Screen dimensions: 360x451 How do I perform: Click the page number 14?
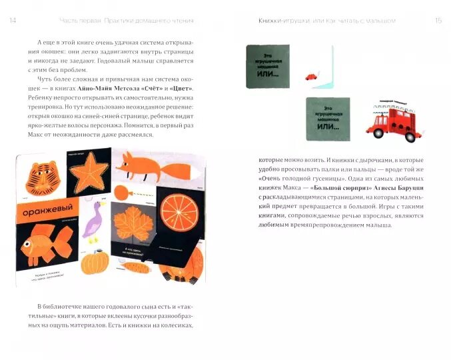(13, 21)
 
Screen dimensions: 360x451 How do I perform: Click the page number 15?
(438, 21)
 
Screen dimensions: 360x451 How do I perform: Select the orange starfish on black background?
(87, 173)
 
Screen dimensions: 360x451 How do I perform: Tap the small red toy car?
(310, 77)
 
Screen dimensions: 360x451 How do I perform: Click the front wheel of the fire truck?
(378, 133)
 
